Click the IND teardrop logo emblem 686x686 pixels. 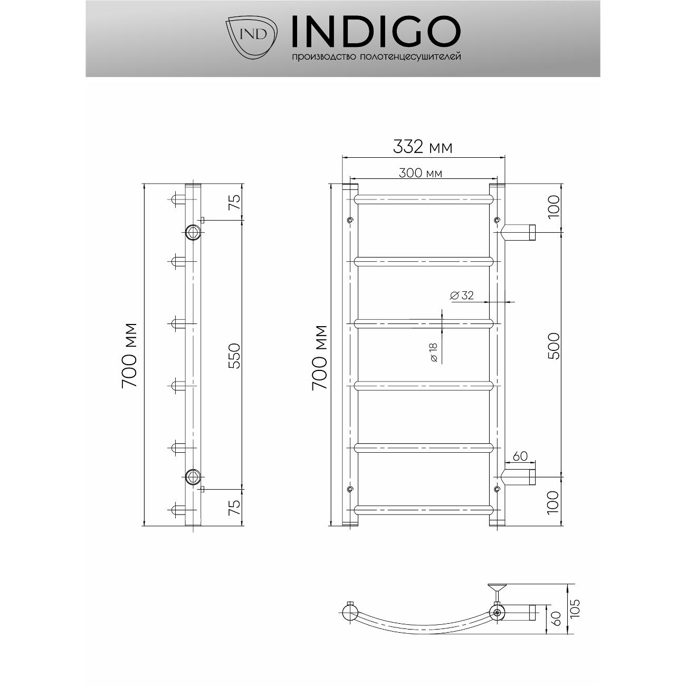click(251, 37)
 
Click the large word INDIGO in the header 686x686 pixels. click(376, 31)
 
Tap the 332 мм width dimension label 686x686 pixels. click(423, 147)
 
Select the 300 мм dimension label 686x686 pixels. click(421, 173)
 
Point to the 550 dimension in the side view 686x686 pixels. click(235, 356)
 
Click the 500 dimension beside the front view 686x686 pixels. click(554, 346)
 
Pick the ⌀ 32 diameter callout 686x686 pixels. click(462, 296)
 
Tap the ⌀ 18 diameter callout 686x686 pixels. click(433, 352)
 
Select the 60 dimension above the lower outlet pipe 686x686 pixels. click(520, 456)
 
